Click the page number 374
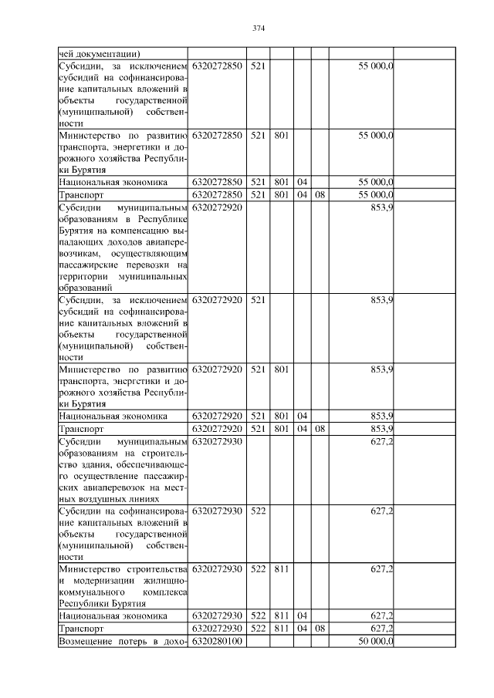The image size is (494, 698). tap(259, 29)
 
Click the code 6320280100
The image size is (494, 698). tap(217, 642)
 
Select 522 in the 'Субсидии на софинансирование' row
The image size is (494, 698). tap(258, 511)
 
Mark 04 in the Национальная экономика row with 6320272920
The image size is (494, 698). tap(302, 416)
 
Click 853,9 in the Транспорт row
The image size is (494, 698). tap(383, 428)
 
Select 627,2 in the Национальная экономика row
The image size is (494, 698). tap(383, 616)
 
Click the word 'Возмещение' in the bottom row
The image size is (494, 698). tap(87, 642)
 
